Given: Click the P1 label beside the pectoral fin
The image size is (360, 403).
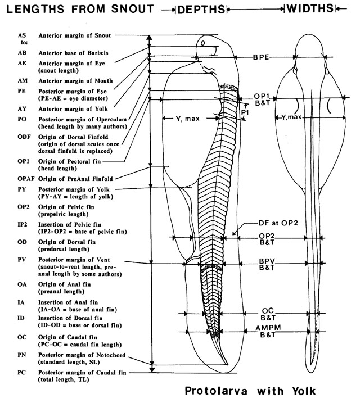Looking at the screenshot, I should [245, 112].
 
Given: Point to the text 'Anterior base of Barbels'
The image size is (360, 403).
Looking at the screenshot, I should [73, 52].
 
